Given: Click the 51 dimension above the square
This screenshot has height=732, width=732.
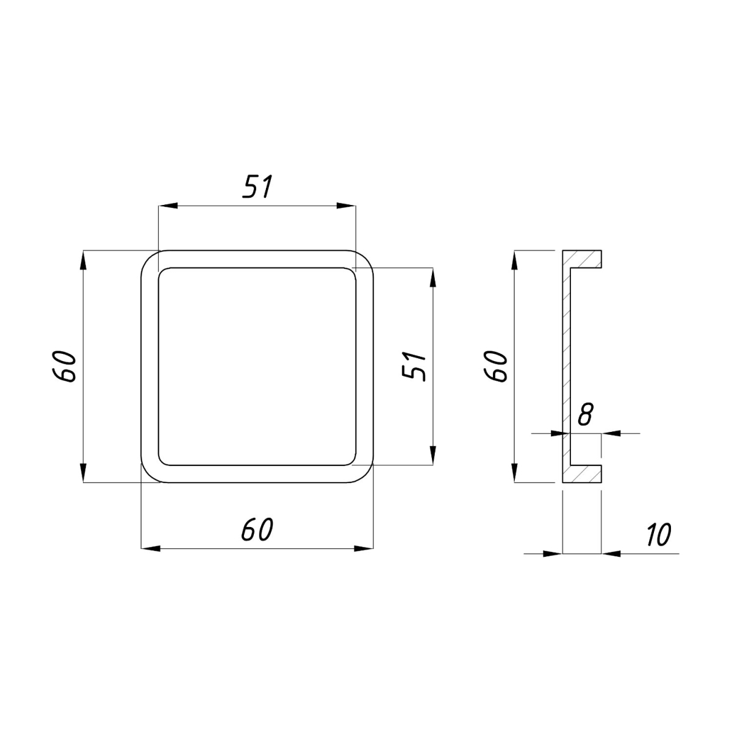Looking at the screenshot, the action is [258, 187].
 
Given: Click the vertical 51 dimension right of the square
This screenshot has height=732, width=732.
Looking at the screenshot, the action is [414, 366].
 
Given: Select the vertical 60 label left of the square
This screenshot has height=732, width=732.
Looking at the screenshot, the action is [63, 366].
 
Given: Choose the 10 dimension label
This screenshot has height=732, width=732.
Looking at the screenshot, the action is [659, 534].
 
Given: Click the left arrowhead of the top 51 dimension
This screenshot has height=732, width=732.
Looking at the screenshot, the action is [168, 206].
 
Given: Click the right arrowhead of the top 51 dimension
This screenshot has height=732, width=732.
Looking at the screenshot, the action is [346, 206].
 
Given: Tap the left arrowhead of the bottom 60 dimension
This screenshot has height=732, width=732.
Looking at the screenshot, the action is [151, 548].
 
